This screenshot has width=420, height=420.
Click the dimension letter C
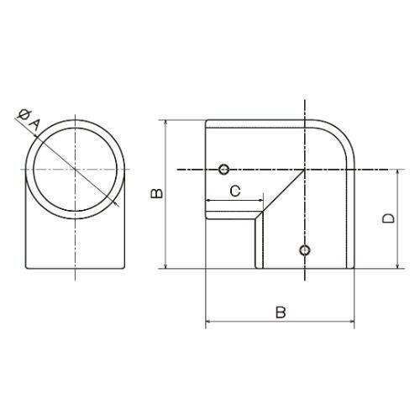(235, 191)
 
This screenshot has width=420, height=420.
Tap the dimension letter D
(388, 218)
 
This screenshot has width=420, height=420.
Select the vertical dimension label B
(156, 193)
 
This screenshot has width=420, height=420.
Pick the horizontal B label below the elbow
(281, 312)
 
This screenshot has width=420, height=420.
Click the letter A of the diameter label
(35, 125)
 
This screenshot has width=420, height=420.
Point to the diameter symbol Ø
(24, 115)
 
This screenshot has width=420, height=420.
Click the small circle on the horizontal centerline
(223, 169)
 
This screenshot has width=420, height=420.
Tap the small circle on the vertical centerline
(305, 249)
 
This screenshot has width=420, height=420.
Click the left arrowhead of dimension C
(208, 200)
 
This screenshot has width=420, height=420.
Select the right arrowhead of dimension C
(261, 200)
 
